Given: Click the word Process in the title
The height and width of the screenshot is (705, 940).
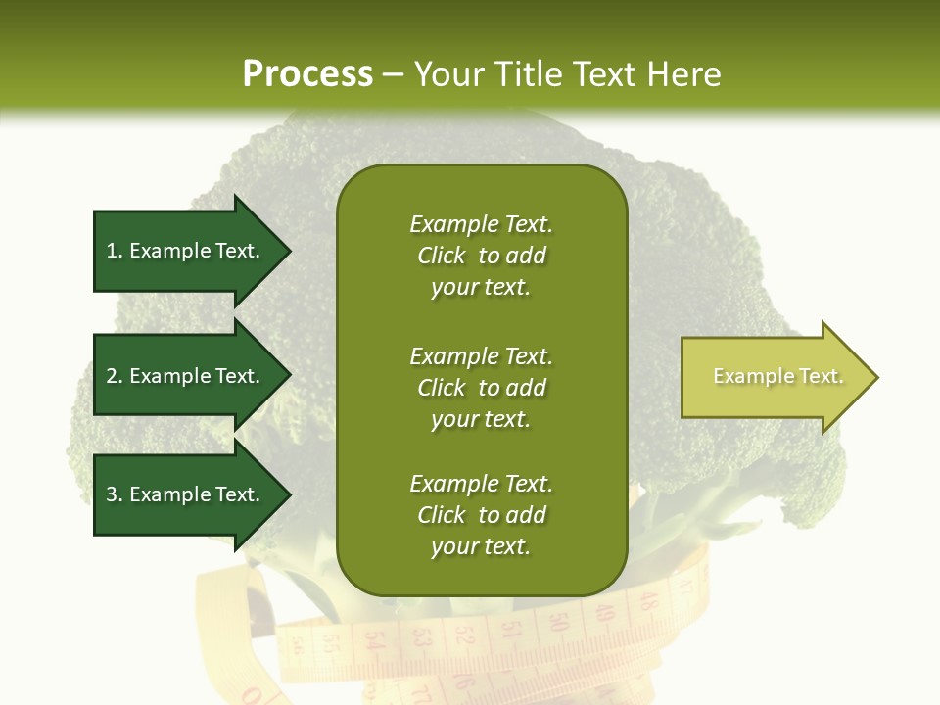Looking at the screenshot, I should click(x=307, y=74).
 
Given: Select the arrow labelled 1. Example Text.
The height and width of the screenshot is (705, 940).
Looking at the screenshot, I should click(x=186, y=251).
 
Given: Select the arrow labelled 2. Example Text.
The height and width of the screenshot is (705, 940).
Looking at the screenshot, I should click(x=186, y=376).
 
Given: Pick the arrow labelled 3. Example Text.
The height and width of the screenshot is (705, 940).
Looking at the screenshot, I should click(x=186, y=494).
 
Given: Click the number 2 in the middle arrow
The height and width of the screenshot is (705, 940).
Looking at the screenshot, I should click(x=113, y=376).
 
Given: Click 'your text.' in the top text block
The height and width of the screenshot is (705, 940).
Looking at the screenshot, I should click(x=481, y=288).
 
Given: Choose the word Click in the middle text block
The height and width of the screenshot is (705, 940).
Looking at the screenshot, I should click(x=442, y=388).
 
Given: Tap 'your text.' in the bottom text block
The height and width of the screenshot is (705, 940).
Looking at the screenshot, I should click(x=481, y=547).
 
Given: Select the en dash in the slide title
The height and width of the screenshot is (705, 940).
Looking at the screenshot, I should click(x=393, y=75).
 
